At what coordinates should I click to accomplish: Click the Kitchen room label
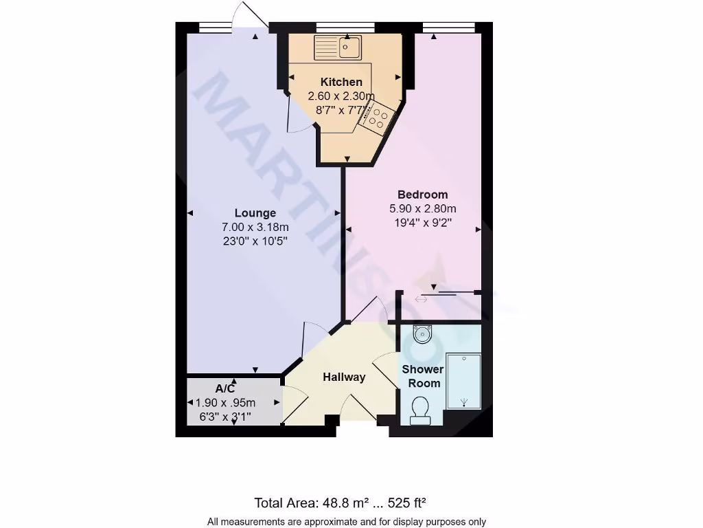(x=341, y=82)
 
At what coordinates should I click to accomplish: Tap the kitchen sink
(x=338, y=47)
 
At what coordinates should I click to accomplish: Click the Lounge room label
(x=255, y=213)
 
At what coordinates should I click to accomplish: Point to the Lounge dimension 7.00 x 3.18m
(x=255, y=227)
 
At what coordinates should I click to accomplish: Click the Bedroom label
(x=423, y=195)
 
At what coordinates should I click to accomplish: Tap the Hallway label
(x=344, y=377)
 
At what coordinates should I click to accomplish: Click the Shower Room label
(x=423, y=376)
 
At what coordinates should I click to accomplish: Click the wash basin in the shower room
(x=422, y=335)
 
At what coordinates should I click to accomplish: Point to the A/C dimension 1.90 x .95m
(x=225, y=403)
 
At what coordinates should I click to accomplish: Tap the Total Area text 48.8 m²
(x=344, y=502)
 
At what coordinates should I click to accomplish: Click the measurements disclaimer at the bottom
(x=346, y=522)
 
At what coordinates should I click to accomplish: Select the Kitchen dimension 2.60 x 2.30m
(x=341, y=96)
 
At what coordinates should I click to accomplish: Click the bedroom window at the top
(x=449, y=28)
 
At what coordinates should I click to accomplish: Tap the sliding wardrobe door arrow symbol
(x=421, y=299)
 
